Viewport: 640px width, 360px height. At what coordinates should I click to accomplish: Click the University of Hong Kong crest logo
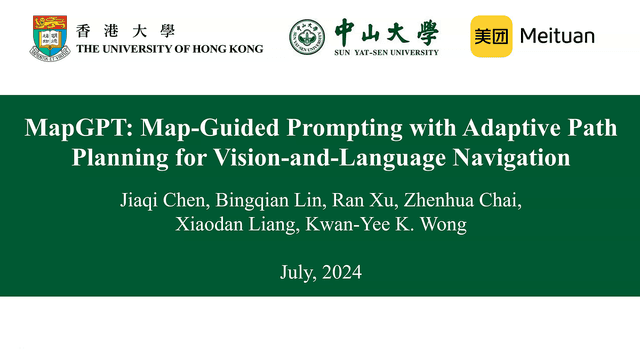tap(48, 36)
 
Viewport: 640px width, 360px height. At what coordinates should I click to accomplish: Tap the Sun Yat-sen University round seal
tap(307, 37)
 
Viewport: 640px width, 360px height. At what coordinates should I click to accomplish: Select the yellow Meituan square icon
tap(491, 36)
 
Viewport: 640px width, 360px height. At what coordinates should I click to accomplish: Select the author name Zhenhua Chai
tap(433, 204)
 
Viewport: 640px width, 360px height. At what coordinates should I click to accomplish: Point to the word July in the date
tap(296, 272)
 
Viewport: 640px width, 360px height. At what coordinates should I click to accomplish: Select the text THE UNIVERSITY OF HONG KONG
tap(169, 48)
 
